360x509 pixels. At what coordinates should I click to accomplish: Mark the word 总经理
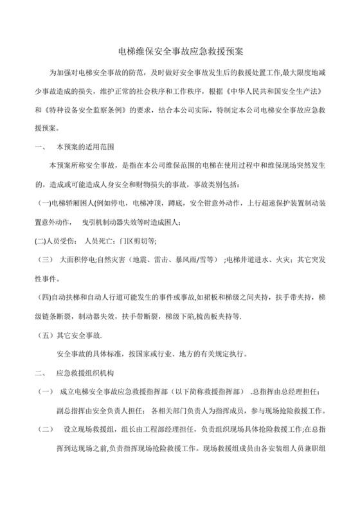click(289, 391)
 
